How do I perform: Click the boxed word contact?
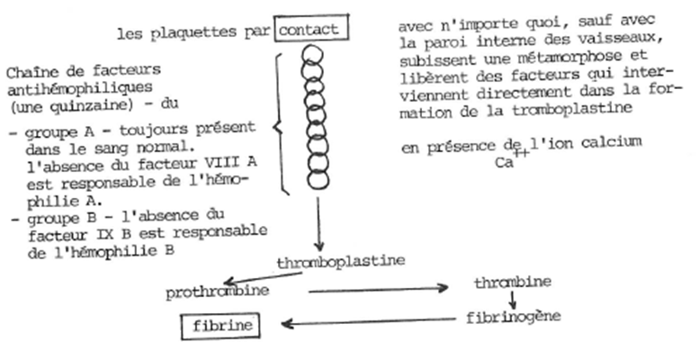310,30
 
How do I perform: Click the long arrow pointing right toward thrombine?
378,290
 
